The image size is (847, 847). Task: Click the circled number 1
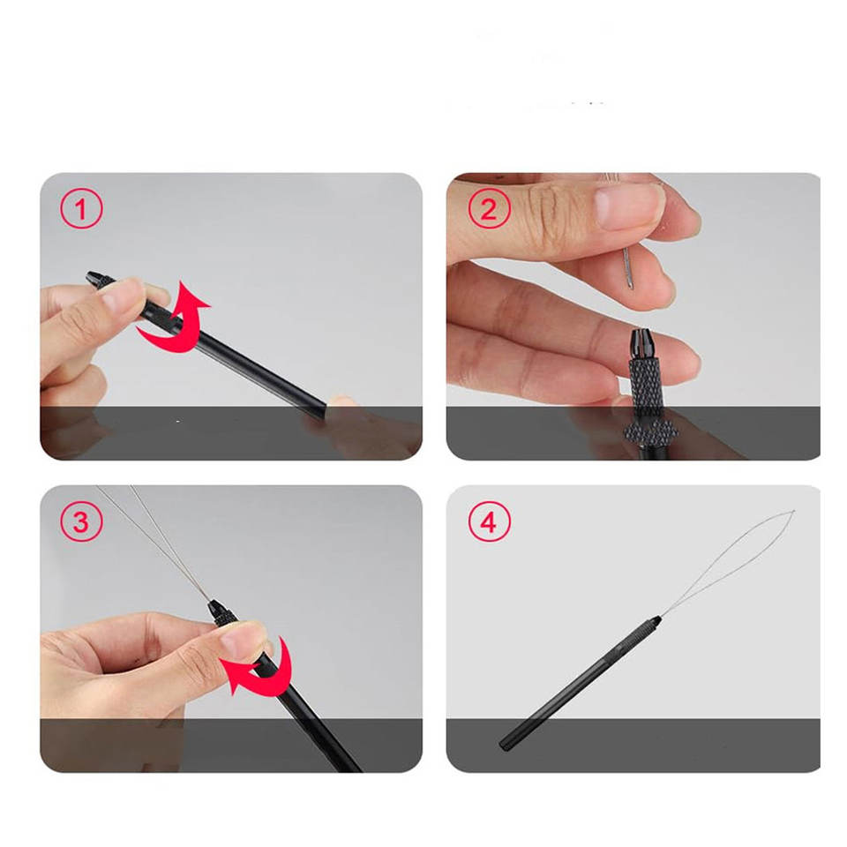81,208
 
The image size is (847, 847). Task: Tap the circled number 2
489,208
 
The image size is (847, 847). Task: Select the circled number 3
81,521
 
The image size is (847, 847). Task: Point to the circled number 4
489,521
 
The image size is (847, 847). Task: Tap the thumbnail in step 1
121,297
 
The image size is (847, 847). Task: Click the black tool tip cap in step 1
97,280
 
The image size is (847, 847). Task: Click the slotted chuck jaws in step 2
643,344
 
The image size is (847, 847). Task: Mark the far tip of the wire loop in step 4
793,511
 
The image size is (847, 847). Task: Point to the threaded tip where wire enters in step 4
655,621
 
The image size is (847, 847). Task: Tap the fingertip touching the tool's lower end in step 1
341,402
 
